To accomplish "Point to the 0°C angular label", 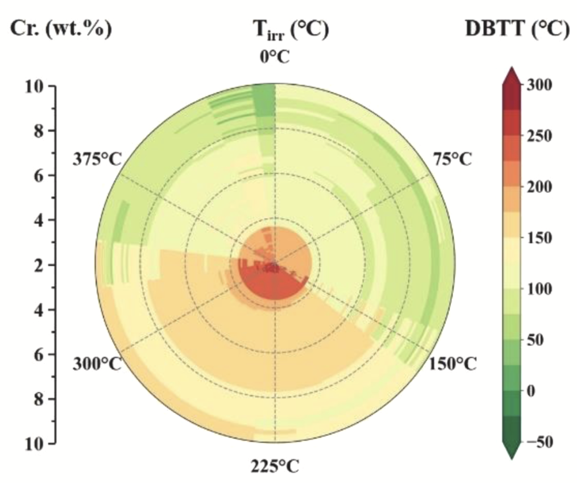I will click(x=274, y=57).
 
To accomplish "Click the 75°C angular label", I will click(x=452, y=159).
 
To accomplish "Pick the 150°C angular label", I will click(x=453, y=364).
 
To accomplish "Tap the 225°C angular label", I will click(x=275, y=467).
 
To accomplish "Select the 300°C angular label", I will click(x=97, y=364).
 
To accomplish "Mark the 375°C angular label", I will click(x=97, y=159).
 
